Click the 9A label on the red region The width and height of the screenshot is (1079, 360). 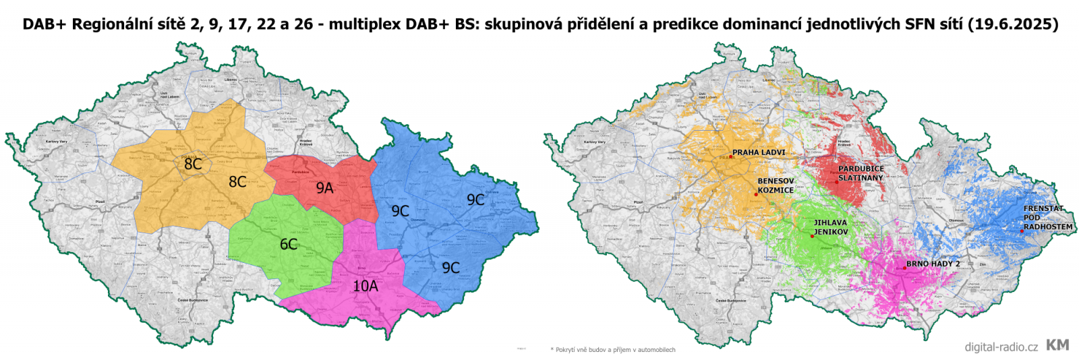(x=325, y=188)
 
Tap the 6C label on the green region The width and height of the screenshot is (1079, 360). (x=289, y=244)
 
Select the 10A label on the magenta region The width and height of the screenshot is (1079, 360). (x=366, y=286)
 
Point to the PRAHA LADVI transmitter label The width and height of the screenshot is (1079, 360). (x=759, y=152)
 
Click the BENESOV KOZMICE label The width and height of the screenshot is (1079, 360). (x=776, y=185)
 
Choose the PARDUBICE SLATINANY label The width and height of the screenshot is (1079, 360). (x=861, y=173)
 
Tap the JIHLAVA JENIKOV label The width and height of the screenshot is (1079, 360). (x=831, y=227)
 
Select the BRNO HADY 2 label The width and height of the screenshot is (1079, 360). (x=933, y=264)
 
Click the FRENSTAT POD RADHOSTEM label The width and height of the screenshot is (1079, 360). (x=1047, y=218)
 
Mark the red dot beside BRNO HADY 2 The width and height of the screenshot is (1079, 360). (x=904, y=268)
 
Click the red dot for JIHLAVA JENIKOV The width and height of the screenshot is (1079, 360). (x=812, y=237)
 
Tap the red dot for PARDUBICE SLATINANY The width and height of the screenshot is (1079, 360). (x=837, y=181)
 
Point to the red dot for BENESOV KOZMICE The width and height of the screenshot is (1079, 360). (x=756, y=194)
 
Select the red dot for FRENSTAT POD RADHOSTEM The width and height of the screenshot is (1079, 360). (x=1022, y=231)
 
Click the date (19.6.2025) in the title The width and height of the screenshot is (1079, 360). (x=1013, y=24)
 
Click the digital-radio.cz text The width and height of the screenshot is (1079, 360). (x=1001, y=347)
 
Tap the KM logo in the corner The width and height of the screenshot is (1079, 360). (x=1057, y=345)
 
